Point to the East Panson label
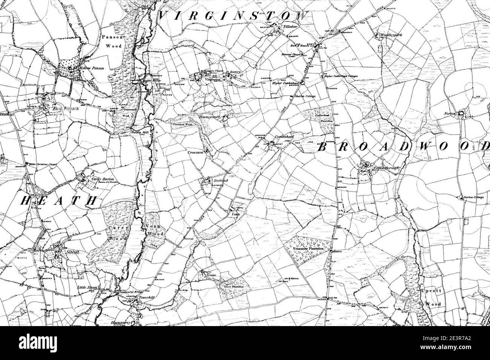(x=62, y=109)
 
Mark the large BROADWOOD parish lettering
(x=403, y=147)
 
